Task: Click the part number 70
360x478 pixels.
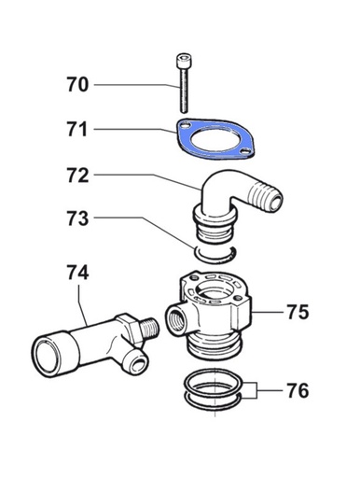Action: [77, 85]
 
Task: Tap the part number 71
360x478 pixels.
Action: [77, 130]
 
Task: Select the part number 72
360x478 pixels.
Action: [77, 176]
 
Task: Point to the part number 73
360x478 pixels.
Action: [77, 218]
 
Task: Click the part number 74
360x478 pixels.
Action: [77, 272]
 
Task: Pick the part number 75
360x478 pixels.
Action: [298, 312]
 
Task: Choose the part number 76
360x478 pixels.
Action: [298, 390]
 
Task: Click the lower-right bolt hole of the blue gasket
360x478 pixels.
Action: [245, 151]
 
